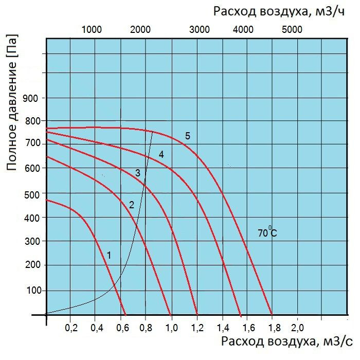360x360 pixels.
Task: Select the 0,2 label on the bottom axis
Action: pyautogui.click(x=71, y=328)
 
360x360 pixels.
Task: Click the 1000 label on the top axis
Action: pyautogui.click(x=92, y=29)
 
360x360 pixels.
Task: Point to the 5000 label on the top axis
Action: pyautogui.click(x=292, y=29)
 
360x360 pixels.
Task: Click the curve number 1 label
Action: pyautogui.click(x=109, y=255)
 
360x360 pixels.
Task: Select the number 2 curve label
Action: pyautogui.click(x=131, y=205)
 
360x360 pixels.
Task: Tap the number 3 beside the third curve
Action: pyautogui.click(x=138, y=173)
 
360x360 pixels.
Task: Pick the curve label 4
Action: pyautogui.click(x=161, y=154)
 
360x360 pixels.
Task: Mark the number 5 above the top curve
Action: pyautogui.click(x=188, y=136)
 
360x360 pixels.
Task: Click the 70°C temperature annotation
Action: pyautogui.click(x=267, y=233)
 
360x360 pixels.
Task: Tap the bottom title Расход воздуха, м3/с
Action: pyautogui.click(x=287, y=341)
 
